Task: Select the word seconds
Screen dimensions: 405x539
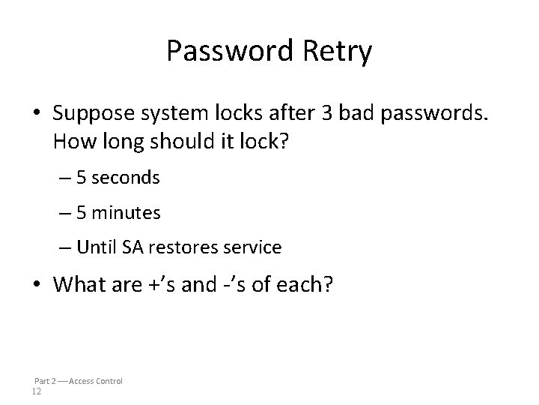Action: tap(127, 178)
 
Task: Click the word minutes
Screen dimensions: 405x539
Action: tap(127, 213)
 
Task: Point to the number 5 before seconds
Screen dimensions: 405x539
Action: tap(82, 178)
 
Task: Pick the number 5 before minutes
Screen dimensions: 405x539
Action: tap(82, 213)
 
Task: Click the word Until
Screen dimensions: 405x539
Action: tap(95, 247)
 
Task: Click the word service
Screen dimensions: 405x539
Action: tap(253, 247)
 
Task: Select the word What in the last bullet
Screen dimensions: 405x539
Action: tap(79, 285)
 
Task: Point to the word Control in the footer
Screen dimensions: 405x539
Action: tap(107, 381)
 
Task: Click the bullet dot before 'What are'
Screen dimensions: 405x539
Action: tap(41, 286)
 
